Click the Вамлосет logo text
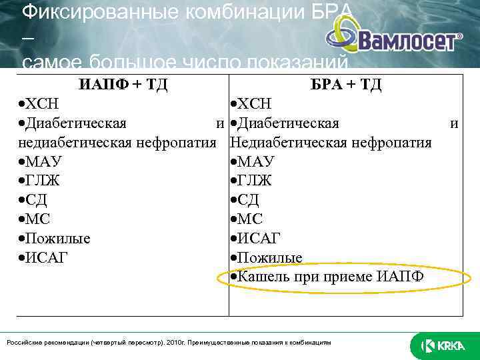407,41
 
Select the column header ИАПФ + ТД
123,85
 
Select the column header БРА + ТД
346,85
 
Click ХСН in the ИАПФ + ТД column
39,104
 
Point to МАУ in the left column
41,162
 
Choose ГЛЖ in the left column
41,181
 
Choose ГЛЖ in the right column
251,181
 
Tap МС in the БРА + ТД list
247,219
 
